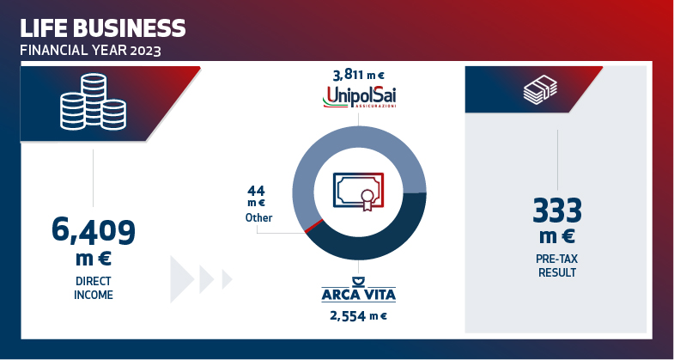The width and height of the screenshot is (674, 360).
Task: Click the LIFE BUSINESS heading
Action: pyautogui.click(x=103, y=28)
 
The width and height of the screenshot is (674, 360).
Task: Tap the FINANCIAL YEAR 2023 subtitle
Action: pyautogui.click(x=90, y=51)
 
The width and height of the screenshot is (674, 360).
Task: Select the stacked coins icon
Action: pyautogui.click(x=94, y=101)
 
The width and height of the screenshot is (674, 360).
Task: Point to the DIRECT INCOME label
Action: pyautogui.click(x=94, y=288)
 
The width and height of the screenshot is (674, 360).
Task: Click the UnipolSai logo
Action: pyautogui.click(x=360, y=97)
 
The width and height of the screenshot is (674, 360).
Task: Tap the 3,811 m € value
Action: pyautogui.click(x=359, y=76)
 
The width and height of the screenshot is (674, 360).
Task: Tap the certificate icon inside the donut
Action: pyautogui.click(x=359, y=192)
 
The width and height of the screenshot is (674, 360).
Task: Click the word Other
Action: pyautogui.click(x=258, y=217)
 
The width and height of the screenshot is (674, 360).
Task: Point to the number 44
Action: pyautogui.click(x=256, y=191)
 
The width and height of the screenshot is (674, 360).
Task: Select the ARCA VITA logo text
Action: pyautogui.click(x=359, y=296)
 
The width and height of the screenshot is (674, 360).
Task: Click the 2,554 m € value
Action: pyautogui.click(x=359, y=316)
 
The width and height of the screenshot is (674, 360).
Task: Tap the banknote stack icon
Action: pyautogui.click(x=540, y=89)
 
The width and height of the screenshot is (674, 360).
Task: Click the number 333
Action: pyautogui.click(x=557, y=211)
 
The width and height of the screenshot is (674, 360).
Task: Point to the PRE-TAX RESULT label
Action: pyautogui.click(x=557, y=265)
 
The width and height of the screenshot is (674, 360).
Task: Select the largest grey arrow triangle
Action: pyautogui.click(x=182, y=279)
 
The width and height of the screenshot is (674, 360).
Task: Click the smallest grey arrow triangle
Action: pyautogui.click(x=227, y=279)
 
